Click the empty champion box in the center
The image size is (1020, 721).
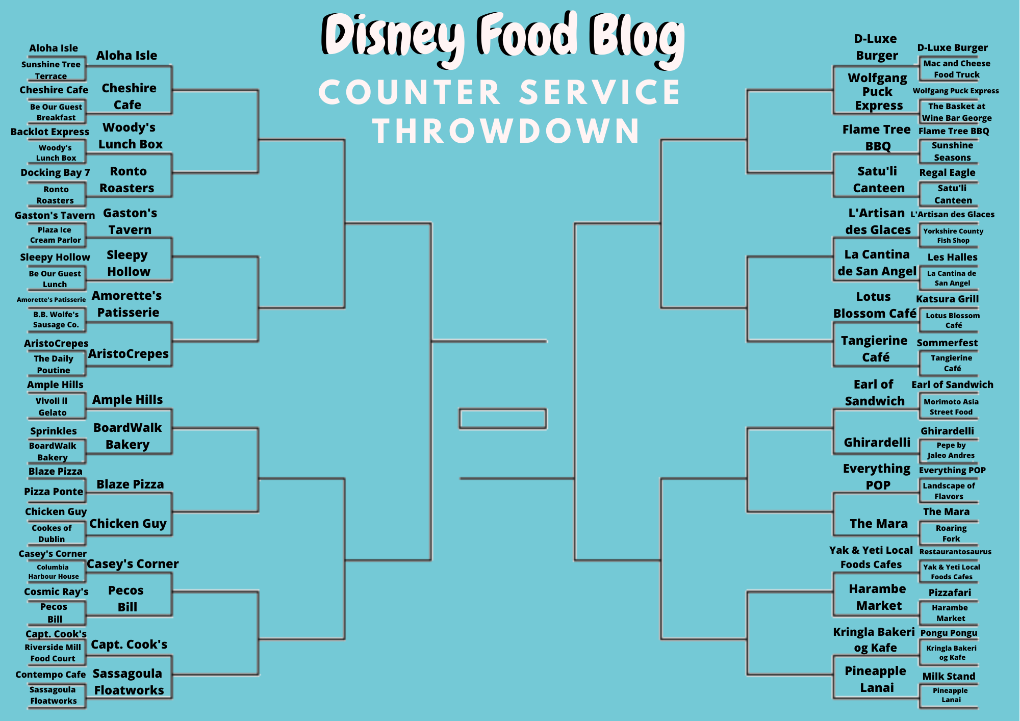503,419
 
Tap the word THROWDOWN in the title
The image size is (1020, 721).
506,131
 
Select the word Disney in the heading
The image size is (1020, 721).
393,36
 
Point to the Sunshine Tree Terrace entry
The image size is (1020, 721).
51,70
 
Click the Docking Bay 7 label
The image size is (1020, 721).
55,172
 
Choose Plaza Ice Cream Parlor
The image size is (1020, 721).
55,235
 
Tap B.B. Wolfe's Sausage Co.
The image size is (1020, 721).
56,320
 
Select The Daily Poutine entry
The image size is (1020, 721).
54,365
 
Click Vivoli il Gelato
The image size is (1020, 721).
52,407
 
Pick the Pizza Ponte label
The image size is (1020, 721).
54,492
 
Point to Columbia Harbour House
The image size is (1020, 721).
54,572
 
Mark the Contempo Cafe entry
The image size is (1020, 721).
50,675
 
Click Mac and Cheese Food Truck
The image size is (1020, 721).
957,69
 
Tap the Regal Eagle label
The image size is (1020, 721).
947,172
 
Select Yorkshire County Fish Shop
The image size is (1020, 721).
953,236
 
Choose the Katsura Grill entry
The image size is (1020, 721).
947,299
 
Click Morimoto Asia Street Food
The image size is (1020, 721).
951,407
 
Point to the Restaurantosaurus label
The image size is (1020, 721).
955,552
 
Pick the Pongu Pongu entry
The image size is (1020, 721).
949,633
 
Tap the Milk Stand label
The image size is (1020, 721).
949,676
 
